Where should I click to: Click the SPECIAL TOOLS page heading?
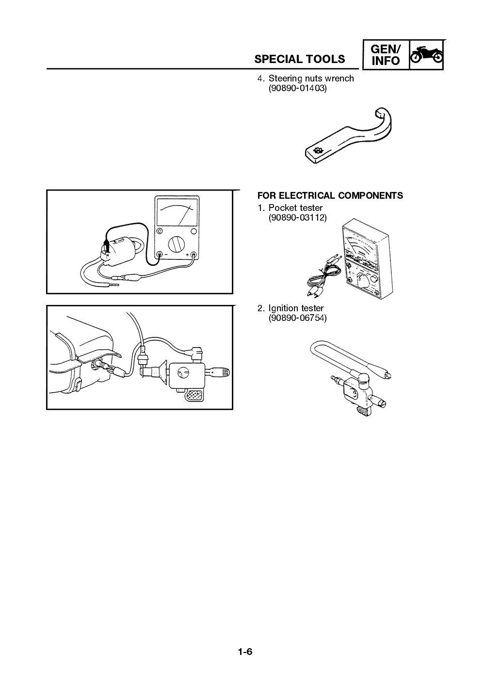point(300,59)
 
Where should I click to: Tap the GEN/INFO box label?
point(386,55)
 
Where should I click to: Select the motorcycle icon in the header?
point(426,54)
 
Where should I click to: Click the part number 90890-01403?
point(297,89)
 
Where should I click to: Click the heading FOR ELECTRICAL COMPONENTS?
point(330,196)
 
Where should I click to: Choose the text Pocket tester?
point(295,208)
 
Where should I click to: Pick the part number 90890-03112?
point(297,218)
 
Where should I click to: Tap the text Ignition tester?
point(296,308)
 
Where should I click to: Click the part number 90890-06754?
point(297,319)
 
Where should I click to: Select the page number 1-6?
point(245,652)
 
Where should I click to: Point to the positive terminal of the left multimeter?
point(193,254)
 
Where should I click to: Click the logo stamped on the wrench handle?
point(318,151)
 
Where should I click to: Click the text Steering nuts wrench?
point(311,79)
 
